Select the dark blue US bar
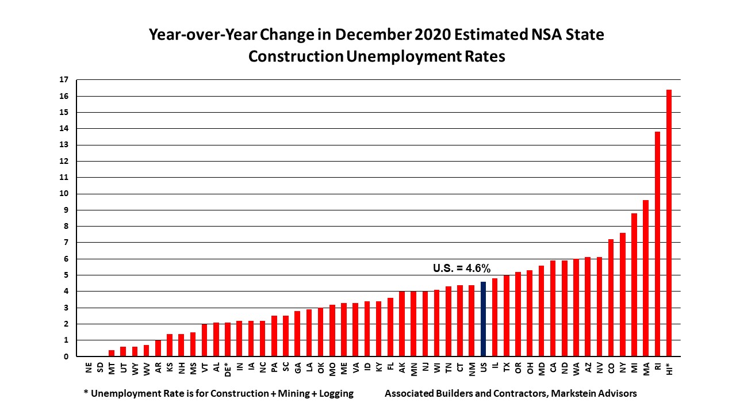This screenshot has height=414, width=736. click(483, 319)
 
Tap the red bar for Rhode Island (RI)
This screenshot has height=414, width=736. click(657, 244)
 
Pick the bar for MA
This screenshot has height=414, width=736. click(646, 278)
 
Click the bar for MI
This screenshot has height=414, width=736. click(634, 285)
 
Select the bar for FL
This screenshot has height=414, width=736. click(390, 327)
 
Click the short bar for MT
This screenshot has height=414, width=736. click(112, 353)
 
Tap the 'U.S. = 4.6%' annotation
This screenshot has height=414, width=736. click(461, 268)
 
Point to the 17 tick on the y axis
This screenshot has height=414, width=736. click(64, 79)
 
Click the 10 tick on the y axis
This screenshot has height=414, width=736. click(64, 194)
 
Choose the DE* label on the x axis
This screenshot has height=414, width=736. click(228, 370)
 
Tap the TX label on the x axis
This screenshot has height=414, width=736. click(507, 368)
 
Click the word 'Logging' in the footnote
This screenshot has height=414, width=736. click(333, 394)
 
